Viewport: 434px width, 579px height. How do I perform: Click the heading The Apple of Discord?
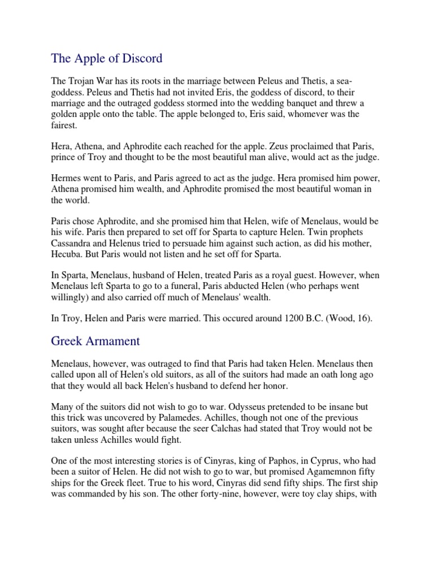pos(106,58)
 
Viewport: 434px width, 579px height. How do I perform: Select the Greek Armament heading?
pos(96,341)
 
